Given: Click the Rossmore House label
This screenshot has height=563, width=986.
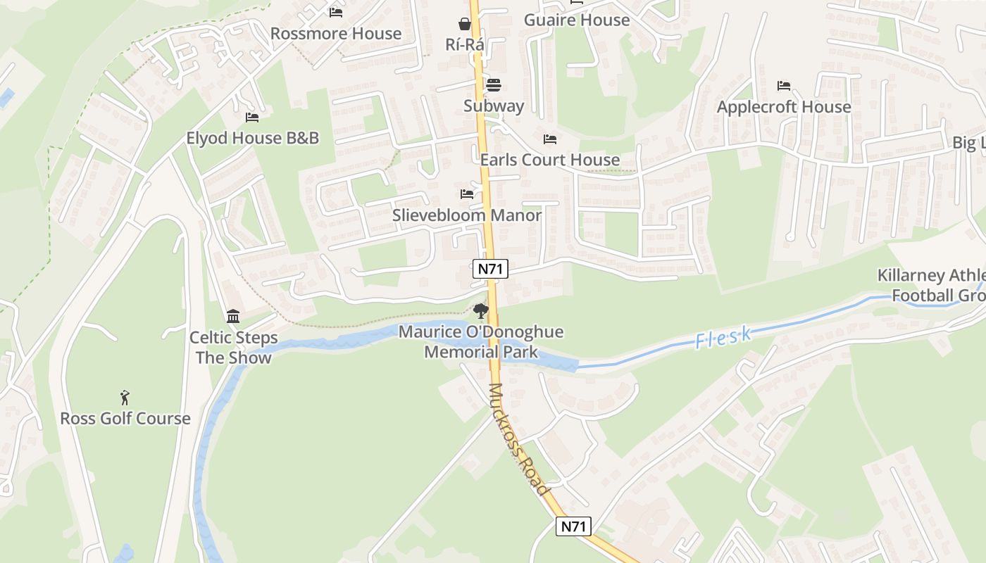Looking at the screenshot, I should [x=336, y=33].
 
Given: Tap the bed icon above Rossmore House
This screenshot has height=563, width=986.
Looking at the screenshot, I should [x=336, y=12].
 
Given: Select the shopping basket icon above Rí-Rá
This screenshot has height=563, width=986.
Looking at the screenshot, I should [x=465, y=24].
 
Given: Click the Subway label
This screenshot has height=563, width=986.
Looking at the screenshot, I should [x=494, y=106].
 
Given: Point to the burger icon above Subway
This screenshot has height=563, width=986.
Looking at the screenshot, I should [x=494, y=85].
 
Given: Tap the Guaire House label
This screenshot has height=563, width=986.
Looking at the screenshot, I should [x=577, y=20].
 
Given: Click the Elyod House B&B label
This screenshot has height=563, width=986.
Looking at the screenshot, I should [x=252, y=138].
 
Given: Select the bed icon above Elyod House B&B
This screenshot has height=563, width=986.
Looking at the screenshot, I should [x=252, y=117].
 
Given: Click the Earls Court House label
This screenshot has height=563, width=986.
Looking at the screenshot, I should [x=550, y=160].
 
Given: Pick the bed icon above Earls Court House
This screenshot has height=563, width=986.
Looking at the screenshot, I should [x=550, y=139].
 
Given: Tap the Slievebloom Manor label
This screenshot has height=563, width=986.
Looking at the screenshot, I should [x=467, y=215].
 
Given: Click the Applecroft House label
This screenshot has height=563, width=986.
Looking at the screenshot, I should [x=784, y=107].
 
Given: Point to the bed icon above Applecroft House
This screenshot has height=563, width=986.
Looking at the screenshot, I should [x=784, y=86].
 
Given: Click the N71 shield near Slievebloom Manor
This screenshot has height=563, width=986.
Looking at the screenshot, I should [x=490, y=268].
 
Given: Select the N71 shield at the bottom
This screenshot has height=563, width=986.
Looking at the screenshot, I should [x=573, y=526].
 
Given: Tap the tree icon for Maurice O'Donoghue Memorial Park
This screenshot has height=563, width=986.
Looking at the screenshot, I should [x=481, y=310].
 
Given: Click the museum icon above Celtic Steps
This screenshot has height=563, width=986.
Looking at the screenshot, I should [x=233, y=317].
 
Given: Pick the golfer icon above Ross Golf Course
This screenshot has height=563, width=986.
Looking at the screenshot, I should [x=125, y=398].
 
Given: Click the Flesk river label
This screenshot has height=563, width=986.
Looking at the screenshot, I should [x=723, y=339].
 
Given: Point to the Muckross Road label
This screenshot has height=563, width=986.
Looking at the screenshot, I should [x=518, y=439].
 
